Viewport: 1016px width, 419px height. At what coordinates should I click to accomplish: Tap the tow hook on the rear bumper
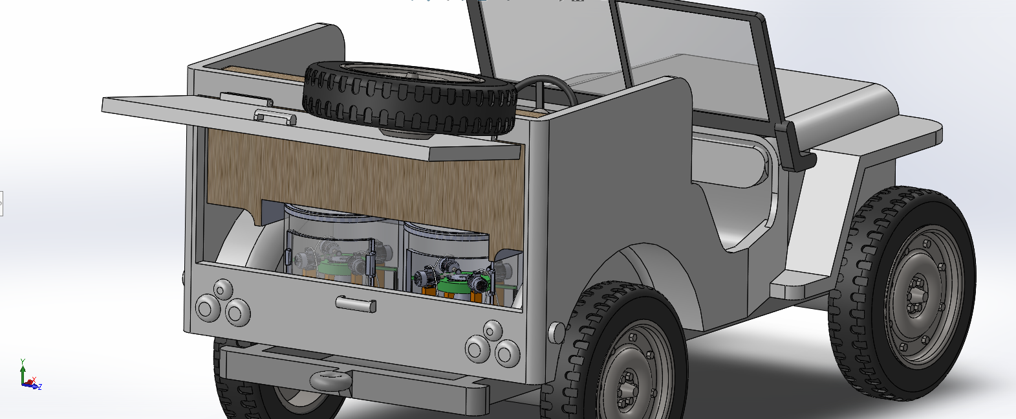331,380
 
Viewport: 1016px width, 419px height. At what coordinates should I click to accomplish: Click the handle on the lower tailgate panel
356,304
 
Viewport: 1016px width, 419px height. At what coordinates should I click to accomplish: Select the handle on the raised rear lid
275,117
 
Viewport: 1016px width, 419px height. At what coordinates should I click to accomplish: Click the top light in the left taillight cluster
222,289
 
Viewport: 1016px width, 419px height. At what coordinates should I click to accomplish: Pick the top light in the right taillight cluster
493,330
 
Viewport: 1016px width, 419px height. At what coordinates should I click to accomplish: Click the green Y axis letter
23,361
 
